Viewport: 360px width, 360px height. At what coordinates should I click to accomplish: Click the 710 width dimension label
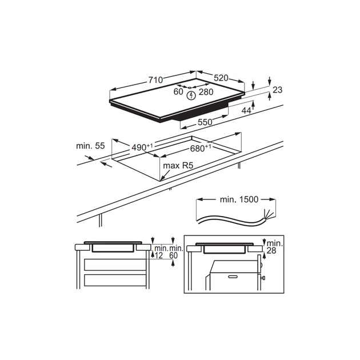(x=155, y=80)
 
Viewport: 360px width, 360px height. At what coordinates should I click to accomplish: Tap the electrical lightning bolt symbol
(x=191, y=94)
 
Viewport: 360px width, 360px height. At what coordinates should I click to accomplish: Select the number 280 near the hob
(x=206, y=92)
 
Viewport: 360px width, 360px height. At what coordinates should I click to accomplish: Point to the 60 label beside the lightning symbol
(x=178, y=92)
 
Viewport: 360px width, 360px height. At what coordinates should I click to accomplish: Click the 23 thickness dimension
(x=278, y=90)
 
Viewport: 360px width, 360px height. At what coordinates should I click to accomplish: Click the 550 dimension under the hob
(x=205, y=122)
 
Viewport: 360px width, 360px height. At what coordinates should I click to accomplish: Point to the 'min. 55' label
(x=90, y=146)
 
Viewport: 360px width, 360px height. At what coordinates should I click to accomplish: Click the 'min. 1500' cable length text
(x=239, y=199)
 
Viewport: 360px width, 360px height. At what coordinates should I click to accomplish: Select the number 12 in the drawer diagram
(x=159, y=255)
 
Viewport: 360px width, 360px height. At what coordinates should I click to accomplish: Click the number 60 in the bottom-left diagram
(x=174, y=255)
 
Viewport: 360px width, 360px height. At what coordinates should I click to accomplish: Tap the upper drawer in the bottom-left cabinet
(x=114, y=264)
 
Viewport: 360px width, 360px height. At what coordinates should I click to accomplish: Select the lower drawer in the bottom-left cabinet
(x=114, y=281)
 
